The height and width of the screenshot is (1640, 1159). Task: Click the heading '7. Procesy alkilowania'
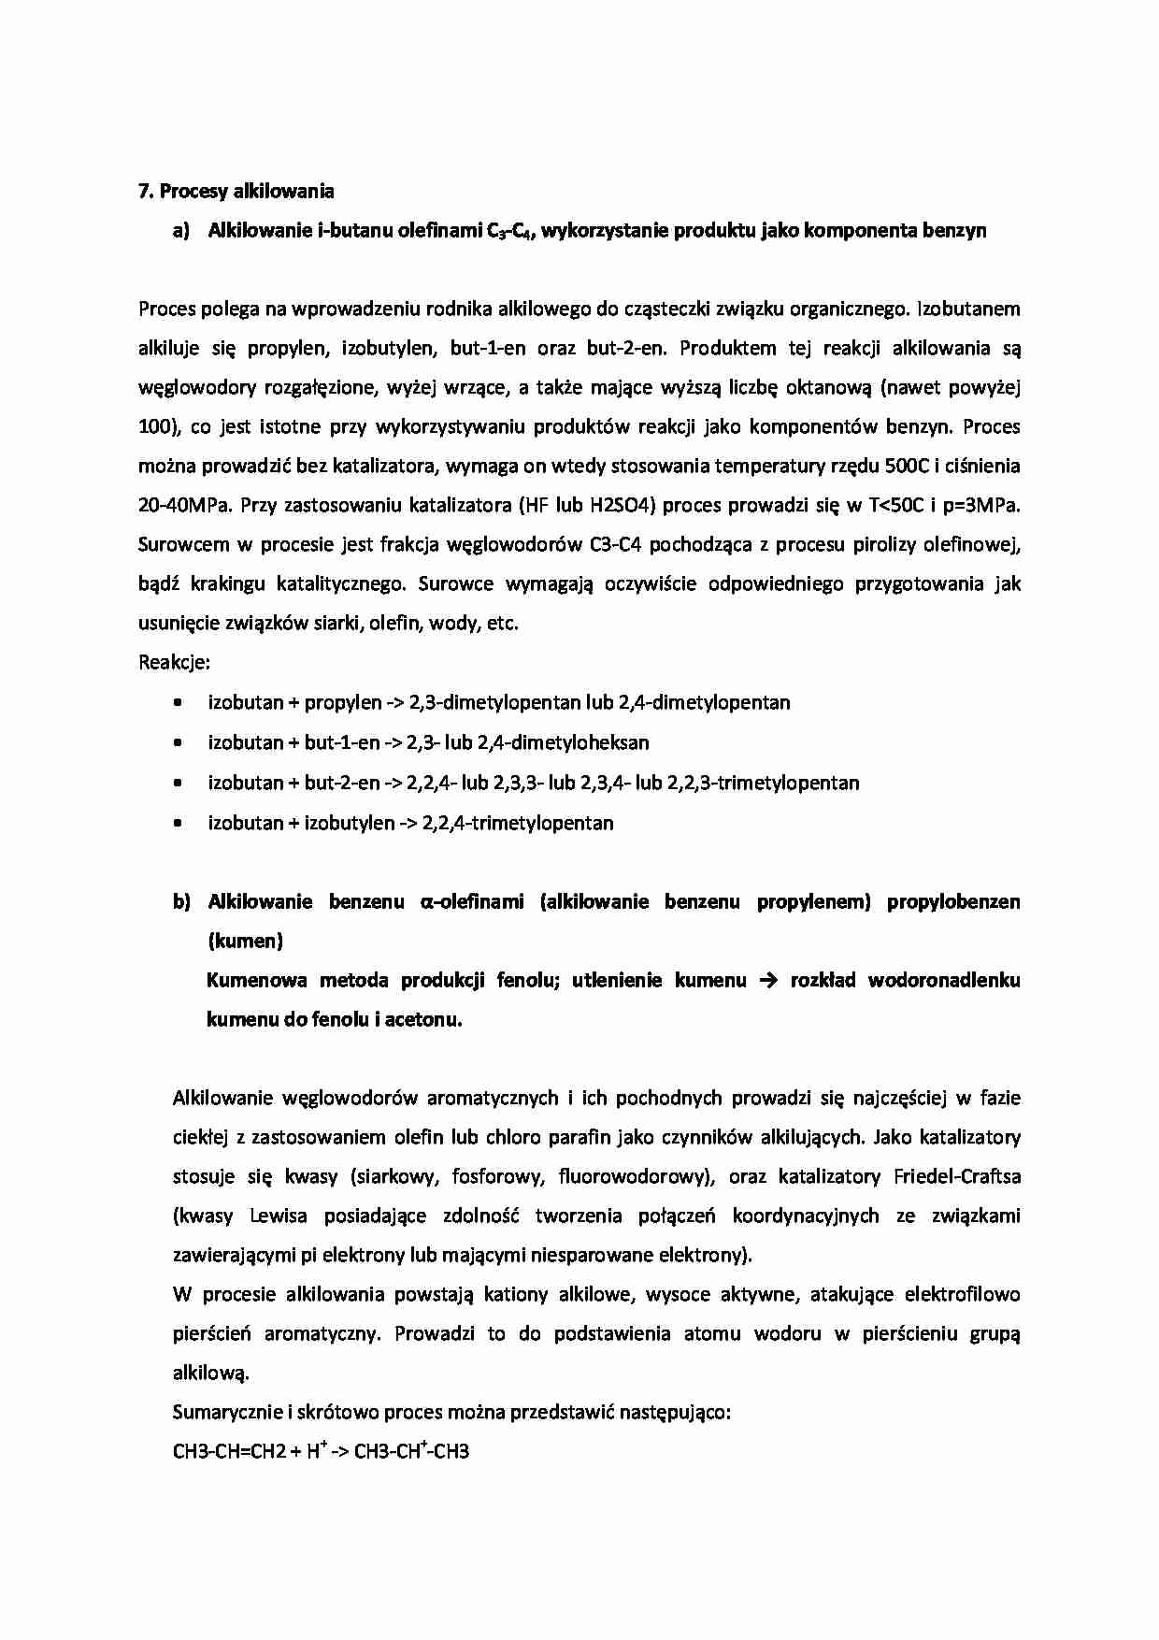(x=236, y=192)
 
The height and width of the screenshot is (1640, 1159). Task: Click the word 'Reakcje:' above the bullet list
(x=174, y=663)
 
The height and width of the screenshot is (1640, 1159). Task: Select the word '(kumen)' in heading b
(x=244, y=941)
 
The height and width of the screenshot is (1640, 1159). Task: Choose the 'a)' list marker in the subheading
(x=180, y=231)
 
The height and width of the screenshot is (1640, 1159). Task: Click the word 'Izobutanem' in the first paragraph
(x=969, y=309)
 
